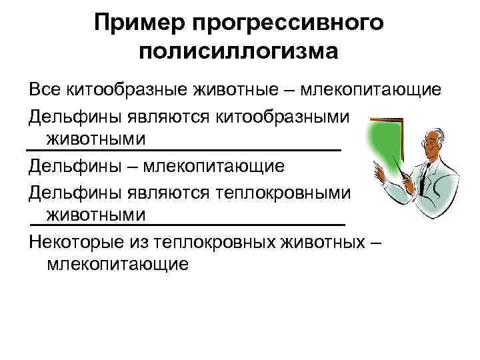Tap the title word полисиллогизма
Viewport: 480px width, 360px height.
[239, 51]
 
